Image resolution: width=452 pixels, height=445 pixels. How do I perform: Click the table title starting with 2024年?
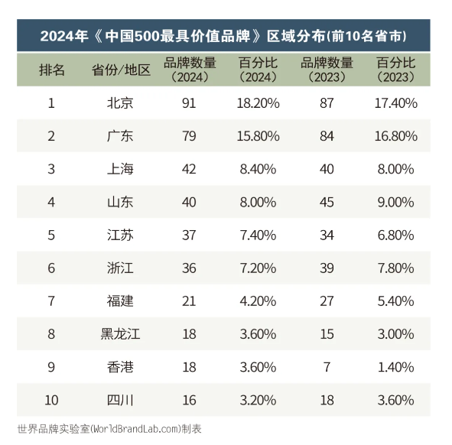point(223,36)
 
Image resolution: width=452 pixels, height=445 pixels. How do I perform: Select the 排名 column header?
point(52,70)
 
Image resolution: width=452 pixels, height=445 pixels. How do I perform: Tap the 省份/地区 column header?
point(121,70)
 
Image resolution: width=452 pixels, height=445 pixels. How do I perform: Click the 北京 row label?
point(120,103)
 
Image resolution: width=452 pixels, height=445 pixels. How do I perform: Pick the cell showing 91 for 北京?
point(189,103)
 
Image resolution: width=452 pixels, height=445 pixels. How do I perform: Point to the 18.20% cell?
point(258,103)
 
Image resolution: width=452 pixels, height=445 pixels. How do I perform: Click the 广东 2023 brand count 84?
point(327,136)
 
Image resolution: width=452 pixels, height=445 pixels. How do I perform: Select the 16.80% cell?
point(396,136)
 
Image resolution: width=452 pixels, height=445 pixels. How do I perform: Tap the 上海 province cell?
point(120,169)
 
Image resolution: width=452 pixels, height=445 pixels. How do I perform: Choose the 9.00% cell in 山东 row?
point(396,202)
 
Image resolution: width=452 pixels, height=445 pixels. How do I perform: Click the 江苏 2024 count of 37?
point(189,235)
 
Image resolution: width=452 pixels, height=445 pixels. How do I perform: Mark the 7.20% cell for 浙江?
point(258,268)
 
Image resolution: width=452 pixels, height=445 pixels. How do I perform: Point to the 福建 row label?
point(120,301)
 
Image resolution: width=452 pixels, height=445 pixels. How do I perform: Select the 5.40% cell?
point(396,301)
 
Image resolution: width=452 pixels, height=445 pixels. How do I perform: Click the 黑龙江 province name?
point(120,334)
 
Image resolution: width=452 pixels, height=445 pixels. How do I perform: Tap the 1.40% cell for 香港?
point(396,367)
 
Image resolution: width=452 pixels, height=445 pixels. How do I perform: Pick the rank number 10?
point(51,401)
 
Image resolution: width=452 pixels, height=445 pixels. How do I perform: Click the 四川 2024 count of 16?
point(189,401)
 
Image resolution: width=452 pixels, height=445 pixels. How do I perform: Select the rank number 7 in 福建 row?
point(51,301)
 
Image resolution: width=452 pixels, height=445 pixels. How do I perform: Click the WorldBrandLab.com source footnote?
point(109,429)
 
